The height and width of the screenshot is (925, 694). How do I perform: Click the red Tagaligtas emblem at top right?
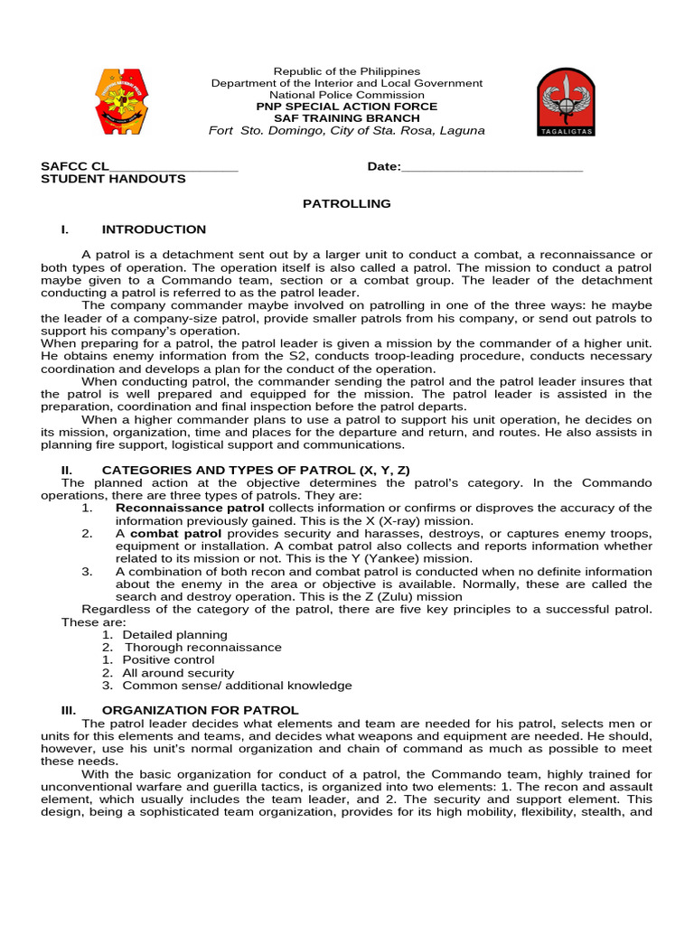coord(566,102)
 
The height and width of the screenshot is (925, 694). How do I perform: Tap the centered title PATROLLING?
coord(346,204)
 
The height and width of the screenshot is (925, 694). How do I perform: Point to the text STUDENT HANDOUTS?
coord(113,179)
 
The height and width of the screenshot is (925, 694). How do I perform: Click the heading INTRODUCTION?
coord(154,229)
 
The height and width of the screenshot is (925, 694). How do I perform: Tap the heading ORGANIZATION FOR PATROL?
coord(200,711)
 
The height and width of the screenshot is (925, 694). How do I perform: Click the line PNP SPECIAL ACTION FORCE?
coord(347,107)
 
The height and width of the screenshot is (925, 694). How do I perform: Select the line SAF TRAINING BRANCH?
coord(347,118)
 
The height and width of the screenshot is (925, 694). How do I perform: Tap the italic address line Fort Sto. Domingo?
coord(347,131)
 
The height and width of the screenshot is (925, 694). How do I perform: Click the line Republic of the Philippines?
coord(347,71)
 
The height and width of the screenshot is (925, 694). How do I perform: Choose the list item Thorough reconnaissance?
coord(202,648)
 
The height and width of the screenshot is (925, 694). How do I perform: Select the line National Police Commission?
coord(347,95)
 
